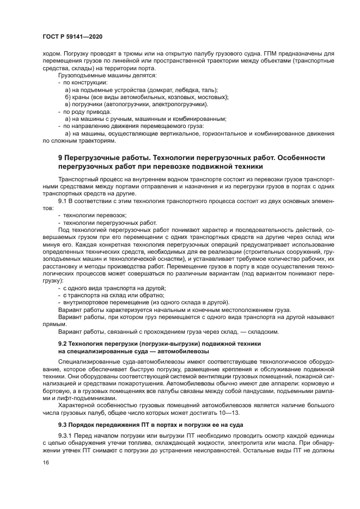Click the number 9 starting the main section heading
pos(60,157)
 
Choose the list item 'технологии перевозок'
pos(90,215)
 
